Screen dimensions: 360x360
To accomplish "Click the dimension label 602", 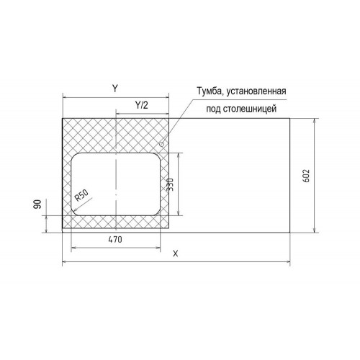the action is point(307,176).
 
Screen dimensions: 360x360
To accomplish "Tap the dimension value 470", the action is point(115,239).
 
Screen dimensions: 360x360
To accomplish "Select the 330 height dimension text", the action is point(170,184).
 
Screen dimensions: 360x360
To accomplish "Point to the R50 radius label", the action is point(81,195).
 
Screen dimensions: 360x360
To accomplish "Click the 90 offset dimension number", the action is point(37,204).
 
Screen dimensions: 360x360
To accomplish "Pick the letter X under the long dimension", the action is point(176,253).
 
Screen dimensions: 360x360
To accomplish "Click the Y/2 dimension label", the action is point(142,105).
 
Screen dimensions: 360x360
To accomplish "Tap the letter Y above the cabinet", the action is point(115,89).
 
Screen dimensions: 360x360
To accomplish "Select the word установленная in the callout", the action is point(256,91).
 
